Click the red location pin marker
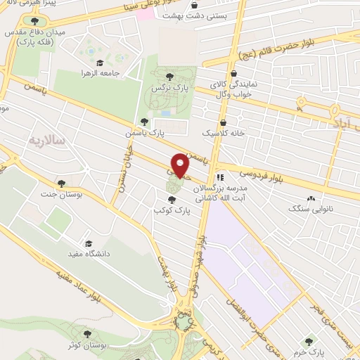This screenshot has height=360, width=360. coord(181,165)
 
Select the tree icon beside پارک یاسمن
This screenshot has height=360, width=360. coord(144,122)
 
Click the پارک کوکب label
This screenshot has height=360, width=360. coord(173,210)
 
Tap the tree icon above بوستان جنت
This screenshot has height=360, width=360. coord(62,182)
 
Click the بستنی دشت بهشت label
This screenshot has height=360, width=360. coord(194,14)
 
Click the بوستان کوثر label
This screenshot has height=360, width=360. coord(88,346)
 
